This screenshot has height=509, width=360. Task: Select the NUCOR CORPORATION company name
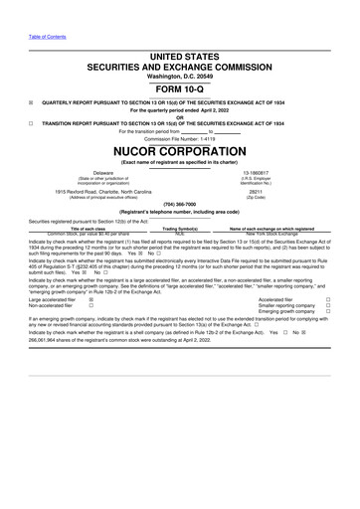pyautogui.click(x=179, y=152)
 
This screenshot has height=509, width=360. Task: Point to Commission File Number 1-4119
pyautogui.click(x=179, y=137)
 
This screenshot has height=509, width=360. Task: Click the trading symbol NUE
pyautogui.click(x=180, y=234)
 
